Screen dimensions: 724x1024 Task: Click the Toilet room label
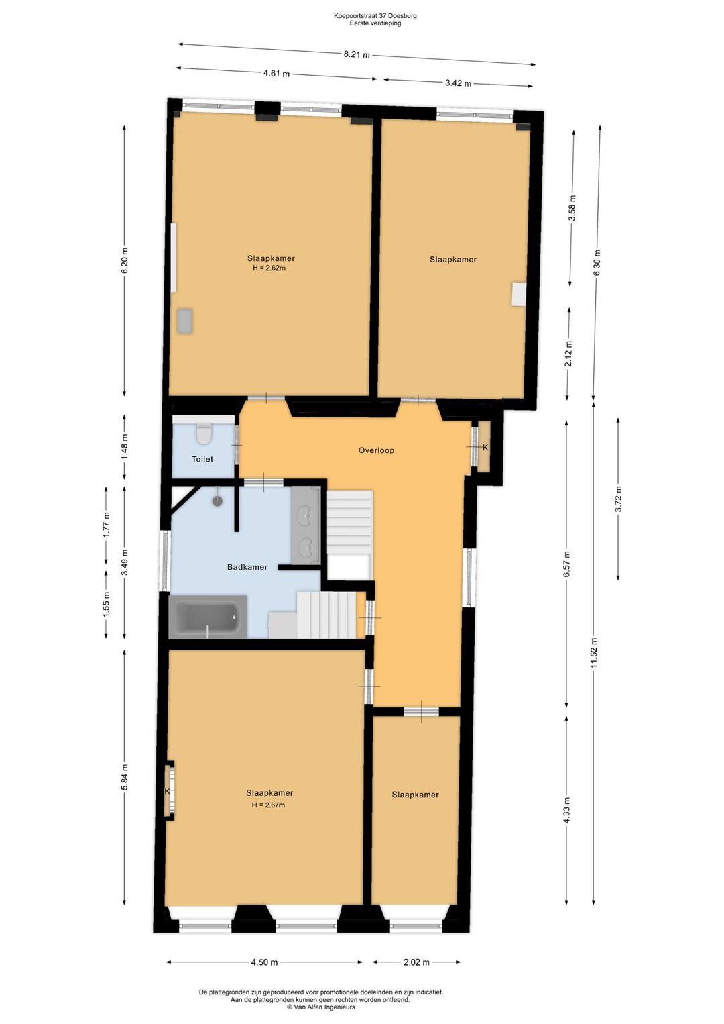click(202, 459)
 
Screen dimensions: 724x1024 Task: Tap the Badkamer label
click(247, 567)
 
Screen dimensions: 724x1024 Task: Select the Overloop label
click(376, 450)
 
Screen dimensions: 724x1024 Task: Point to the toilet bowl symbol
click(203, 433)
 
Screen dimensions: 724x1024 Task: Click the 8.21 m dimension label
click(357, 54)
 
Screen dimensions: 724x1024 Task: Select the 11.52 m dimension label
click(594, 652)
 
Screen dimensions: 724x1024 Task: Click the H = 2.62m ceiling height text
click(269, 268)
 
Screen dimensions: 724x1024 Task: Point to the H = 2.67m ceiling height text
click(268, 805)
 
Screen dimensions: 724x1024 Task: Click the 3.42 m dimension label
click(458, 83)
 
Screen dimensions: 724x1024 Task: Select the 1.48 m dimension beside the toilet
click(125, 446)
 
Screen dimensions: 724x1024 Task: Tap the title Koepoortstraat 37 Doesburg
click(375, 16)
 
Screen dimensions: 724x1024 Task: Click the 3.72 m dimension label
click(619, 499)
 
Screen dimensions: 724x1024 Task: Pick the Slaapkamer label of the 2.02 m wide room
click(415, 795)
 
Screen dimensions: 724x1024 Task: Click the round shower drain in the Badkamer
click(217, 501)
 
